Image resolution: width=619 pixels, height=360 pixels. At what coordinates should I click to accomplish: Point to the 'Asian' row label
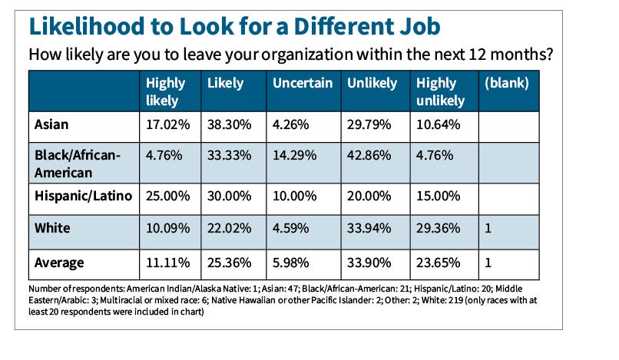[51, 123]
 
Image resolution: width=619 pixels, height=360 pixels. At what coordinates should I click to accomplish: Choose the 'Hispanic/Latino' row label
[83, 196]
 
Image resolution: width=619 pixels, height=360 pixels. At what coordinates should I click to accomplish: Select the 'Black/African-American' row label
[77, 163]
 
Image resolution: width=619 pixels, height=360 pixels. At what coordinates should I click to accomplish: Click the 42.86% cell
[372, 155]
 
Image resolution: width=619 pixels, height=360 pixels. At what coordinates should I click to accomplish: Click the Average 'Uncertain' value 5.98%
[293, 263]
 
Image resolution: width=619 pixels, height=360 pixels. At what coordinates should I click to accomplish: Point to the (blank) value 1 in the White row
[488, 228]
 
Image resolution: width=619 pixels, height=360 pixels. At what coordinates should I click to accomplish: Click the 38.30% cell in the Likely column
[228, 123]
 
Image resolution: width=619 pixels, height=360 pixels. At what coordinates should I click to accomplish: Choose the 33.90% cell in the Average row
[372, 263]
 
